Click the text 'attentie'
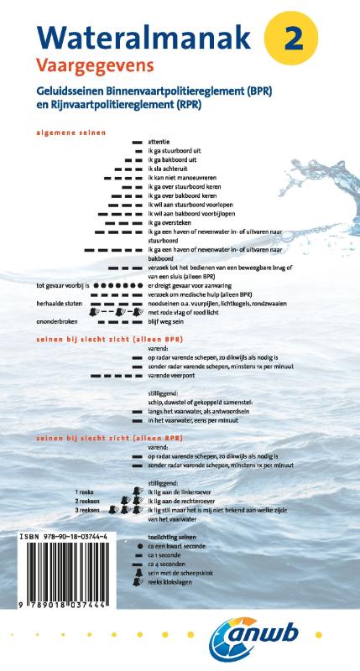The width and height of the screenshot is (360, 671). [159, 142]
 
